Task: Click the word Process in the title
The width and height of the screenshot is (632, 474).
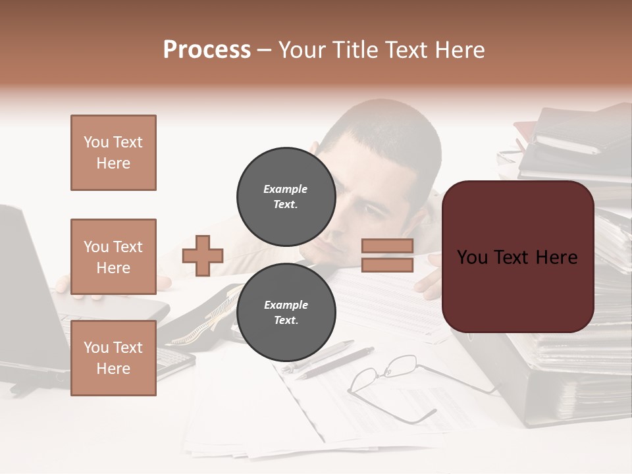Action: tap(207, 50)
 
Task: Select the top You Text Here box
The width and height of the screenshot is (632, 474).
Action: tap(113, 153)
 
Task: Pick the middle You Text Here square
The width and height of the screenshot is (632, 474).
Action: tap(113, 257)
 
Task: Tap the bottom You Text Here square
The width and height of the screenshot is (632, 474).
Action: tap(113, 358)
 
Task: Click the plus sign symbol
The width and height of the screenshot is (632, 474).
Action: tap(203, 255)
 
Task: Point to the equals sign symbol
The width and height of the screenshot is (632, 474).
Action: tap(387, 255)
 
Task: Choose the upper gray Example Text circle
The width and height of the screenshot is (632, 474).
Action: tap(286, 196)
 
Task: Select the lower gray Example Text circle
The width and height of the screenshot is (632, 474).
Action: tap(286, 312)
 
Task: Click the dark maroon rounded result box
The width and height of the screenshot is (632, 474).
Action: tap(517, 257)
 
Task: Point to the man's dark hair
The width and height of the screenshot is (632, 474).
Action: tap(388, 132)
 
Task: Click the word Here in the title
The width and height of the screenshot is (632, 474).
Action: tap(458, 50)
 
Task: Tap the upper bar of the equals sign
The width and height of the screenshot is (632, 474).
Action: tap(387, 246)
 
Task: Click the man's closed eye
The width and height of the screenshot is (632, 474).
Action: tap(373, 210)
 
